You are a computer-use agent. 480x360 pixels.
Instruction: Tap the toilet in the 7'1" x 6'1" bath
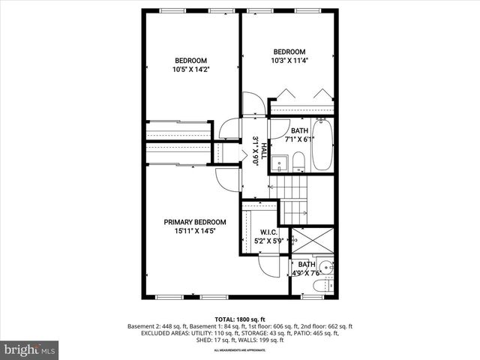pyautogui.click(x=298, y=160)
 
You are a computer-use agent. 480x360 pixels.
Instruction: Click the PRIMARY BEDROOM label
pyautogui.click(x=195, y=222)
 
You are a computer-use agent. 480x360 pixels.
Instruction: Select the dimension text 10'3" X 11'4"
pyautogui.click(x=289, y=61)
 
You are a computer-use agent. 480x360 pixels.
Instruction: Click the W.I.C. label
pyautogui.click(x=269, y=232)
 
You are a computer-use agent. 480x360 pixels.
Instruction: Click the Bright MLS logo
pyautogui.click(x=30, y=349)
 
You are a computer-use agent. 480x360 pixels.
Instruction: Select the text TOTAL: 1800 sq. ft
pyautogui.click(x=240, y=318)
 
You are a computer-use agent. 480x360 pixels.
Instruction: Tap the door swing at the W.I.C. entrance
pyautogui.click(x=268, y=262)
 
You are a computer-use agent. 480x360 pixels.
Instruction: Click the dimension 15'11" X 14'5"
pyautogui.click(x=195, y=232)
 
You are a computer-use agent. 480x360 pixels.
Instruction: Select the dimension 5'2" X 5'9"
pyautogui.click(x=269, y=241)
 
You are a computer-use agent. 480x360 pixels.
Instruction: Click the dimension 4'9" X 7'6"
pyautogui.click(x=309, y=273)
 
